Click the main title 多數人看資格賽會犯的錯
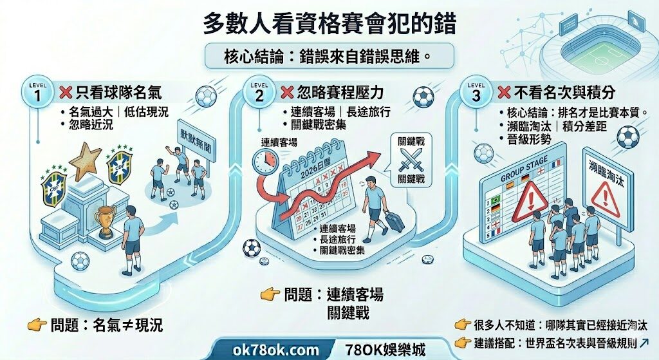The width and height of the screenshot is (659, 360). tap(329, 24)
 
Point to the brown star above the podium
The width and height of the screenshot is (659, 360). tap(86, 161)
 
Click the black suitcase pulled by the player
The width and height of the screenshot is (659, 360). tap(394, 222)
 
